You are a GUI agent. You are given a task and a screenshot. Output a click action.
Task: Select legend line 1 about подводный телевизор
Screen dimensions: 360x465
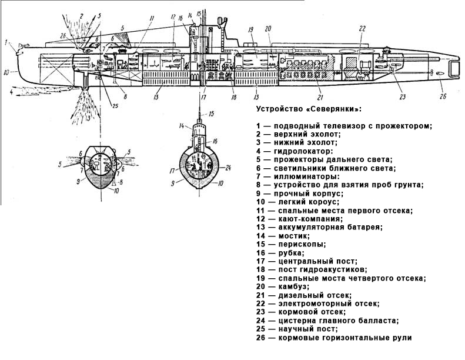[x=344, y=125]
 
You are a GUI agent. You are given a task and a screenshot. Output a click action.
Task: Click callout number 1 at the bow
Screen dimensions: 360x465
[x=5, y=42]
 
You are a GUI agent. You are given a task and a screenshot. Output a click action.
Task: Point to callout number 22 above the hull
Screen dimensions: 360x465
[x=362, y=28]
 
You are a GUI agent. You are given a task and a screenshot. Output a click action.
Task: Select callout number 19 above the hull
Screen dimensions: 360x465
[x=250, y=29]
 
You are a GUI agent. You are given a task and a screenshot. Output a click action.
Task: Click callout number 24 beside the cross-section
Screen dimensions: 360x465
[x=229, y=167]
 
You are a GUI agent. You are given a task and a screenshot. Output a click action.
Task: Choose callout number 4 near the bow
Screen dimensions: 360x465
[x=11, y=92]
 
